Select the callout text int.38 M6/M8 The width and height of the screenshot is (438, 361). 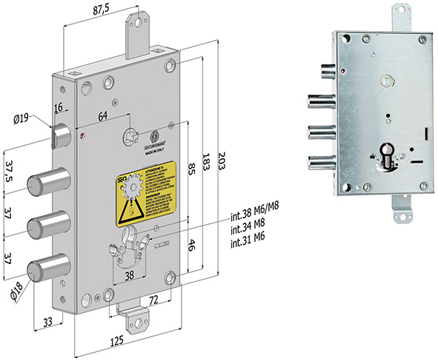pyautogui.click(x=257, y=209)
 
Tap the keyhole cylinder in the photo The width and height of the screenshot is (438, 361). pyautogui.click(x=391, y=155)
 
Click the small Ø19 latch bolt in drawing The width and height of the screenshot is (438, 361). pyautogui.click(x=61, y=135)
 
